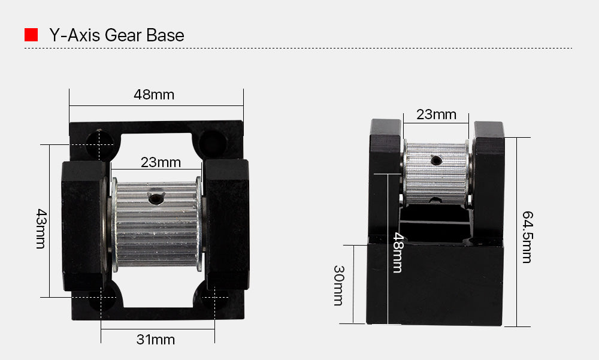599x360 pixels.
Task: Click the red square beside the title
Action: coord(31,35)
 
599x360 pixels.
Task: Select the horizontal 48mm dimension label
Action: coord(154,95)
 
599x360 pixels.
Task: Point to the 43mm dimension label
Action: coord(41,229)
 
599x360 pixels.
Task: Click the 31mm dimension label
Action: coord(155,340)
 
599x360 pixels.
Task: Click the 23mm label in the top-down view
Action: coord(161,162)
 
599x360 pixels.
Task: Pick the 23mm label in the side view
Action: coord(436,114)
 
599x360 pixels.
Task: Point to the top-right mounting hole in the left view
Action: coord(211,141)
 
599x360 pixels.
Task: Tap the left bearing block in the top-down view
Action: coord(83,225)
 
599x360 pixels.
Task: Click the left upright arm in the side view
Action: coord(385,180)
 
